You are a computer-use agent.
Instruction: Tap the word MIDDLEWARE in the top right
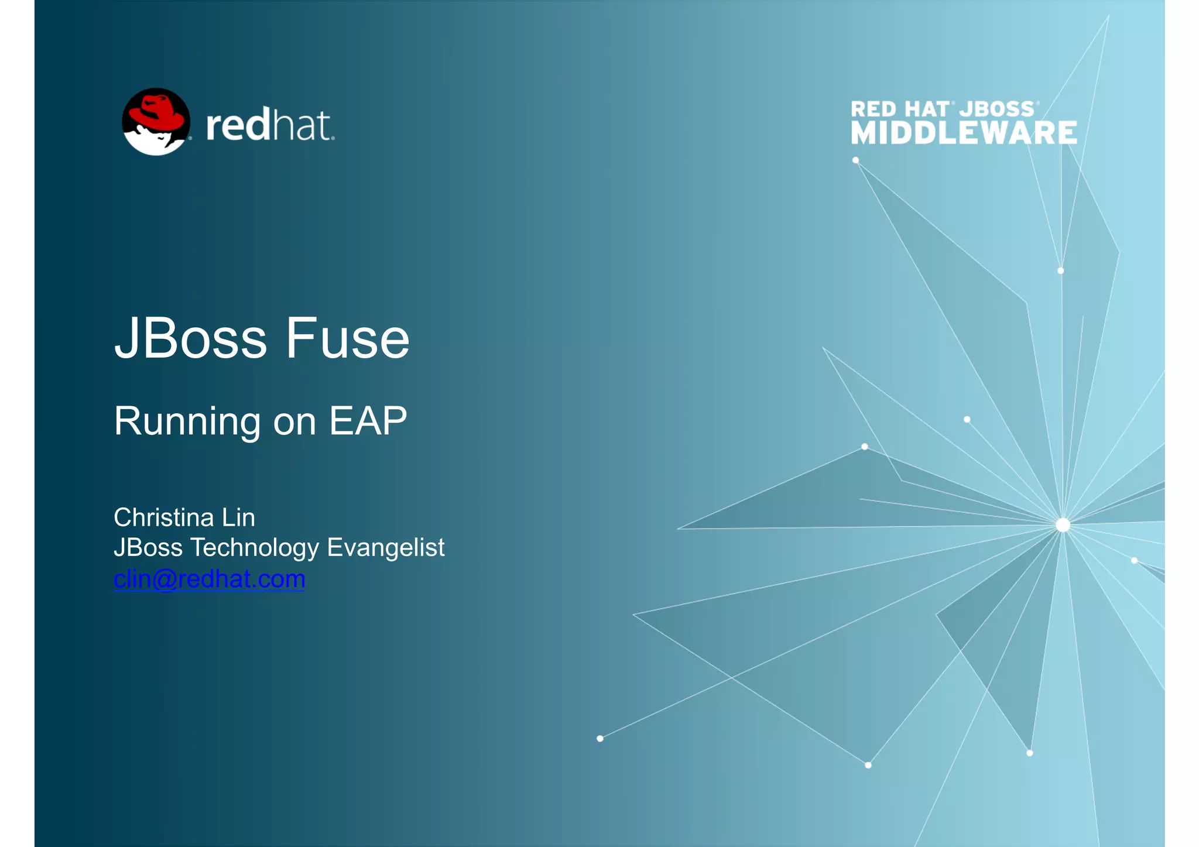click(x=964, y=132)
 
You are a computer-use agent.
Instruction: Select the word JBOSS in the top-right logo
click(x=996, y=109)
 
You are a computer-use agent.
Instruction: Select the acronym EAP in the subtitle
click(x=368, y=421)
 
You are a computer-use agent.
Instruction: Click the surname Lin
click(x=238, y=517)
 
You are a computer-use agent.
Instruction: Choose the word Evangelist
click(x=385, y=547)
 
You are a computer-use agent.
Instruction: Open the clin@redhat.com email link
click(x=209, y=579)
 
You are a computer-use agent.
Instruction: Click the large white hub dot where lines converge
click(x=1063, y=524)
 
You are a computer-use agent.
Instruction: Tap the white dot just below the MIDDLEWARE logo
click(x=855, y=160)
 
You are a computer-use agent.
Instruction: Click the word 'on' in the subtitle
click(x=294, y=421)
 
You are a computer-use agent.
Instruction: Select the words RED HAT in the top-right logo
click(x=899, y=109)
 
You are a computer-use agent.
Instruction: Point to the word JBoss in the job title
click(x=148, y=547)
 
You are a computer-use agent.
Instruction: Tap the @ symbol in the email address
click(x=164, y=579)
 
